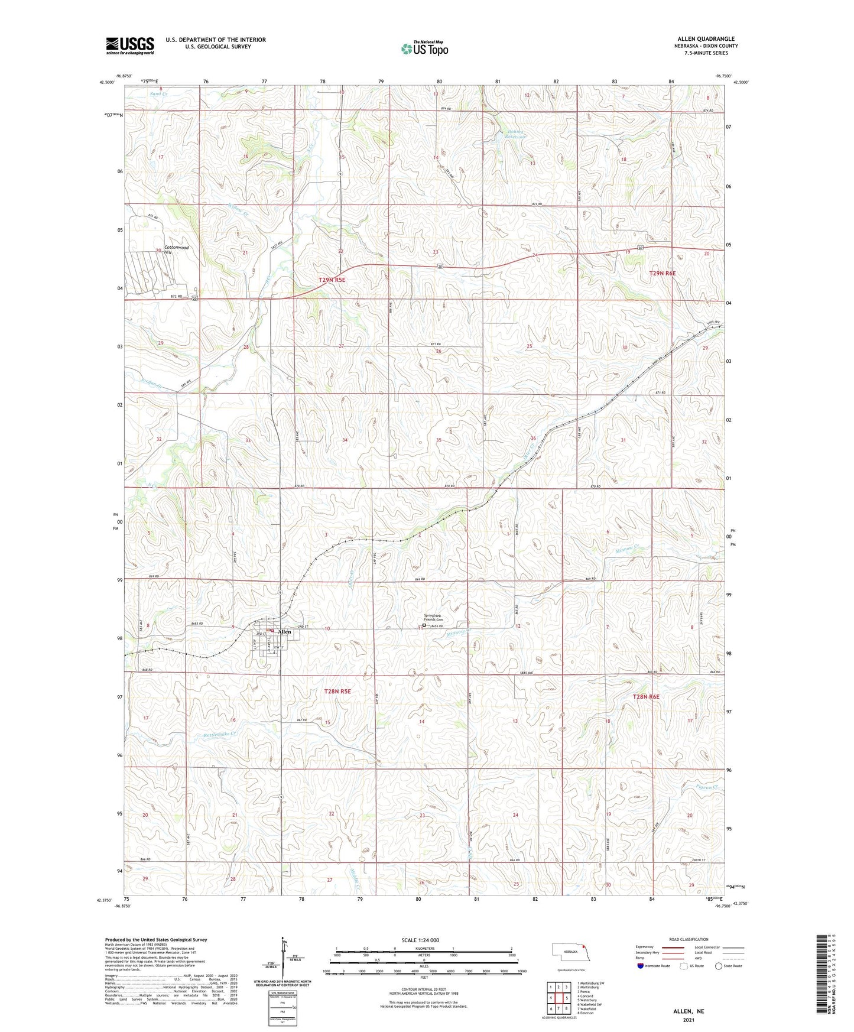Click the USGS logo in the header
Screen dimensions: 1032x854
tap(130, 46)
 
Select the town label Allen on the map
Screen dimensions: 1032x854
tap(284, 632)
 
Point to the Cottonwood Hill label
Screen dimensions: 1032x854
tap(176, 249)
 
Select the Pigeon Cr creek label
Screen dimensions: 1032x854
tap(707, 787)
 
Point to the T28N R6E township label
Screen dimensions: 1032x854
tap(645, 697)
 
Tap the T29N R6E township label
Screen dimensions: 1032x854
tap(662, 274)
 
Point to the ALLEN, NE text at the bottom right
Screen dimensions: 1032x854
tap(689, 1011)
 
